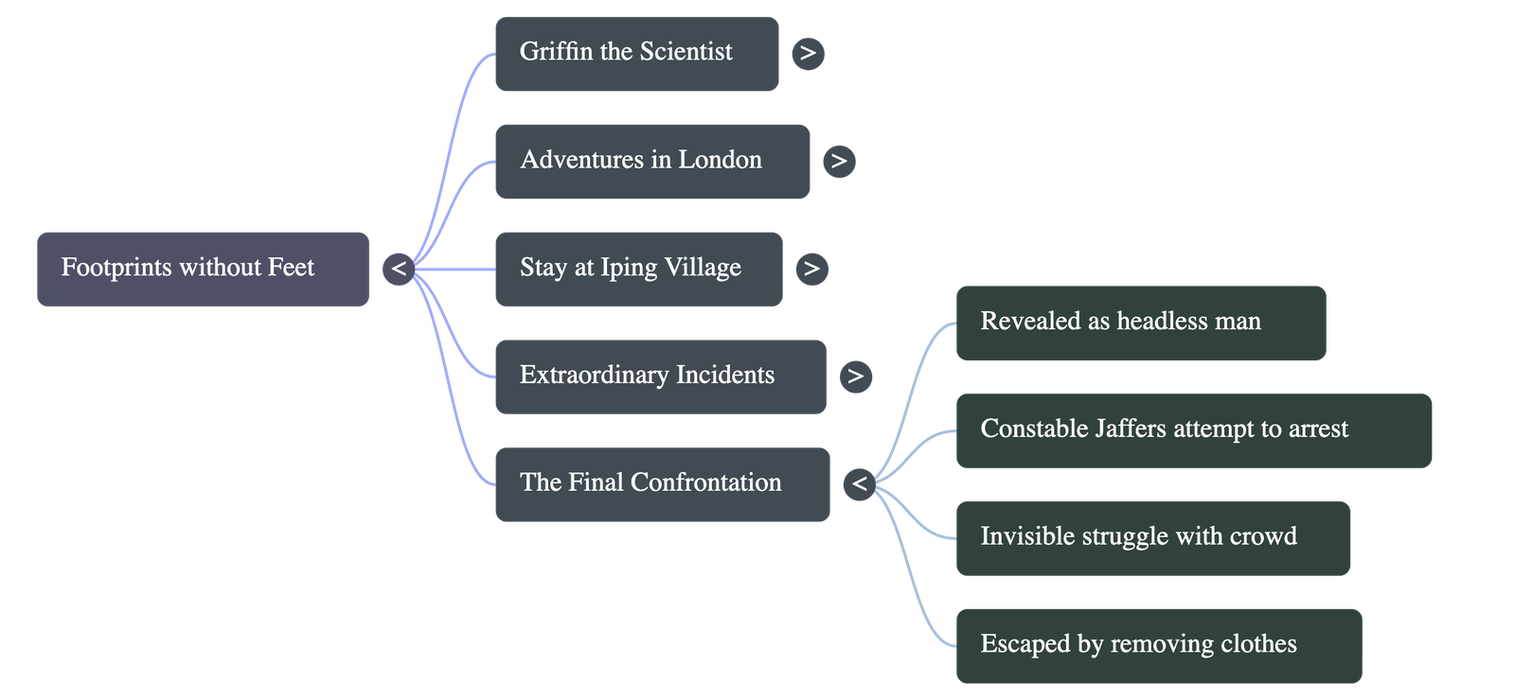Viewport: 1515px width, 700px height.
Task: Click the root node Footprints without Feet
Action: click(x=203, y=269)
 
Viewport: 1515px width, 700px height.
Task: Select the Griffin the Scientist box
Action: click(x=636, y=53)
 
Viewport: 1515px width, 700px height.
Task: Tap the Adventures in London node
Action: click(x=651, y=161)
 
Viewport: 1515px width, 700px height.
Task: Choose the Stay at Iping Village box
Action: click(x=638, y=269)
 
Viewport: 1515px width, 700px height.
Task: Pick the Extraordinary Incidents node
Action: click(x=659, y=376)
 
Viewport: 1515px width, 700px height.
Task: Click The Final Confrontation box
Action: click(x=662, y=483)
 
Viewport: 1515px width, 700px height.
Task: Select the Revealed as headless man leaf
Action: click(x=1140, y=322)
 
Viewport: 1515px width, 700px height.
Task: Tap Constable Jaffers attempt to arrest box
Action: click(x=1193, y=429)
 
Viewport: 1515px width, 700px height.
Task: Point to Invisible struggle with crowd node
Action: click(x=1152, y=537)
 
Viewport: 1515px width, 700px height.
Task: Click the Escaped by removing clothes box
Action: click(x=1158, y=645)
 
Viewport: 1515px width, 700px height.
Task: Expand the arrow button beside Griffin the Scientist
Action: click(x=808, y=53)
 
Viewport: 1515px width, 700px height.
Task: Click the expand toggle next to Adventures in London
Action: click(x=839, y=161)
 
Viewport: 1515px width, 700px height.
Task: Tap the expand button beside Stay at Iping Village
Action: click(x=811, y=269)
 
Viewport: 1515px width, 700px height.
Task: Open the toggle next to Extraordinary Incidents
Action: click(x=855, y=376)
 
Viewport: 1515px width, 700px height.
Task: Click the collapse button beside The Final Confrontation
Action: click(x=859, y=483)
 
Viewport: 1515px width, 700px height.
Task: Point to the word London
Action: click(x=720, y=160)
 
